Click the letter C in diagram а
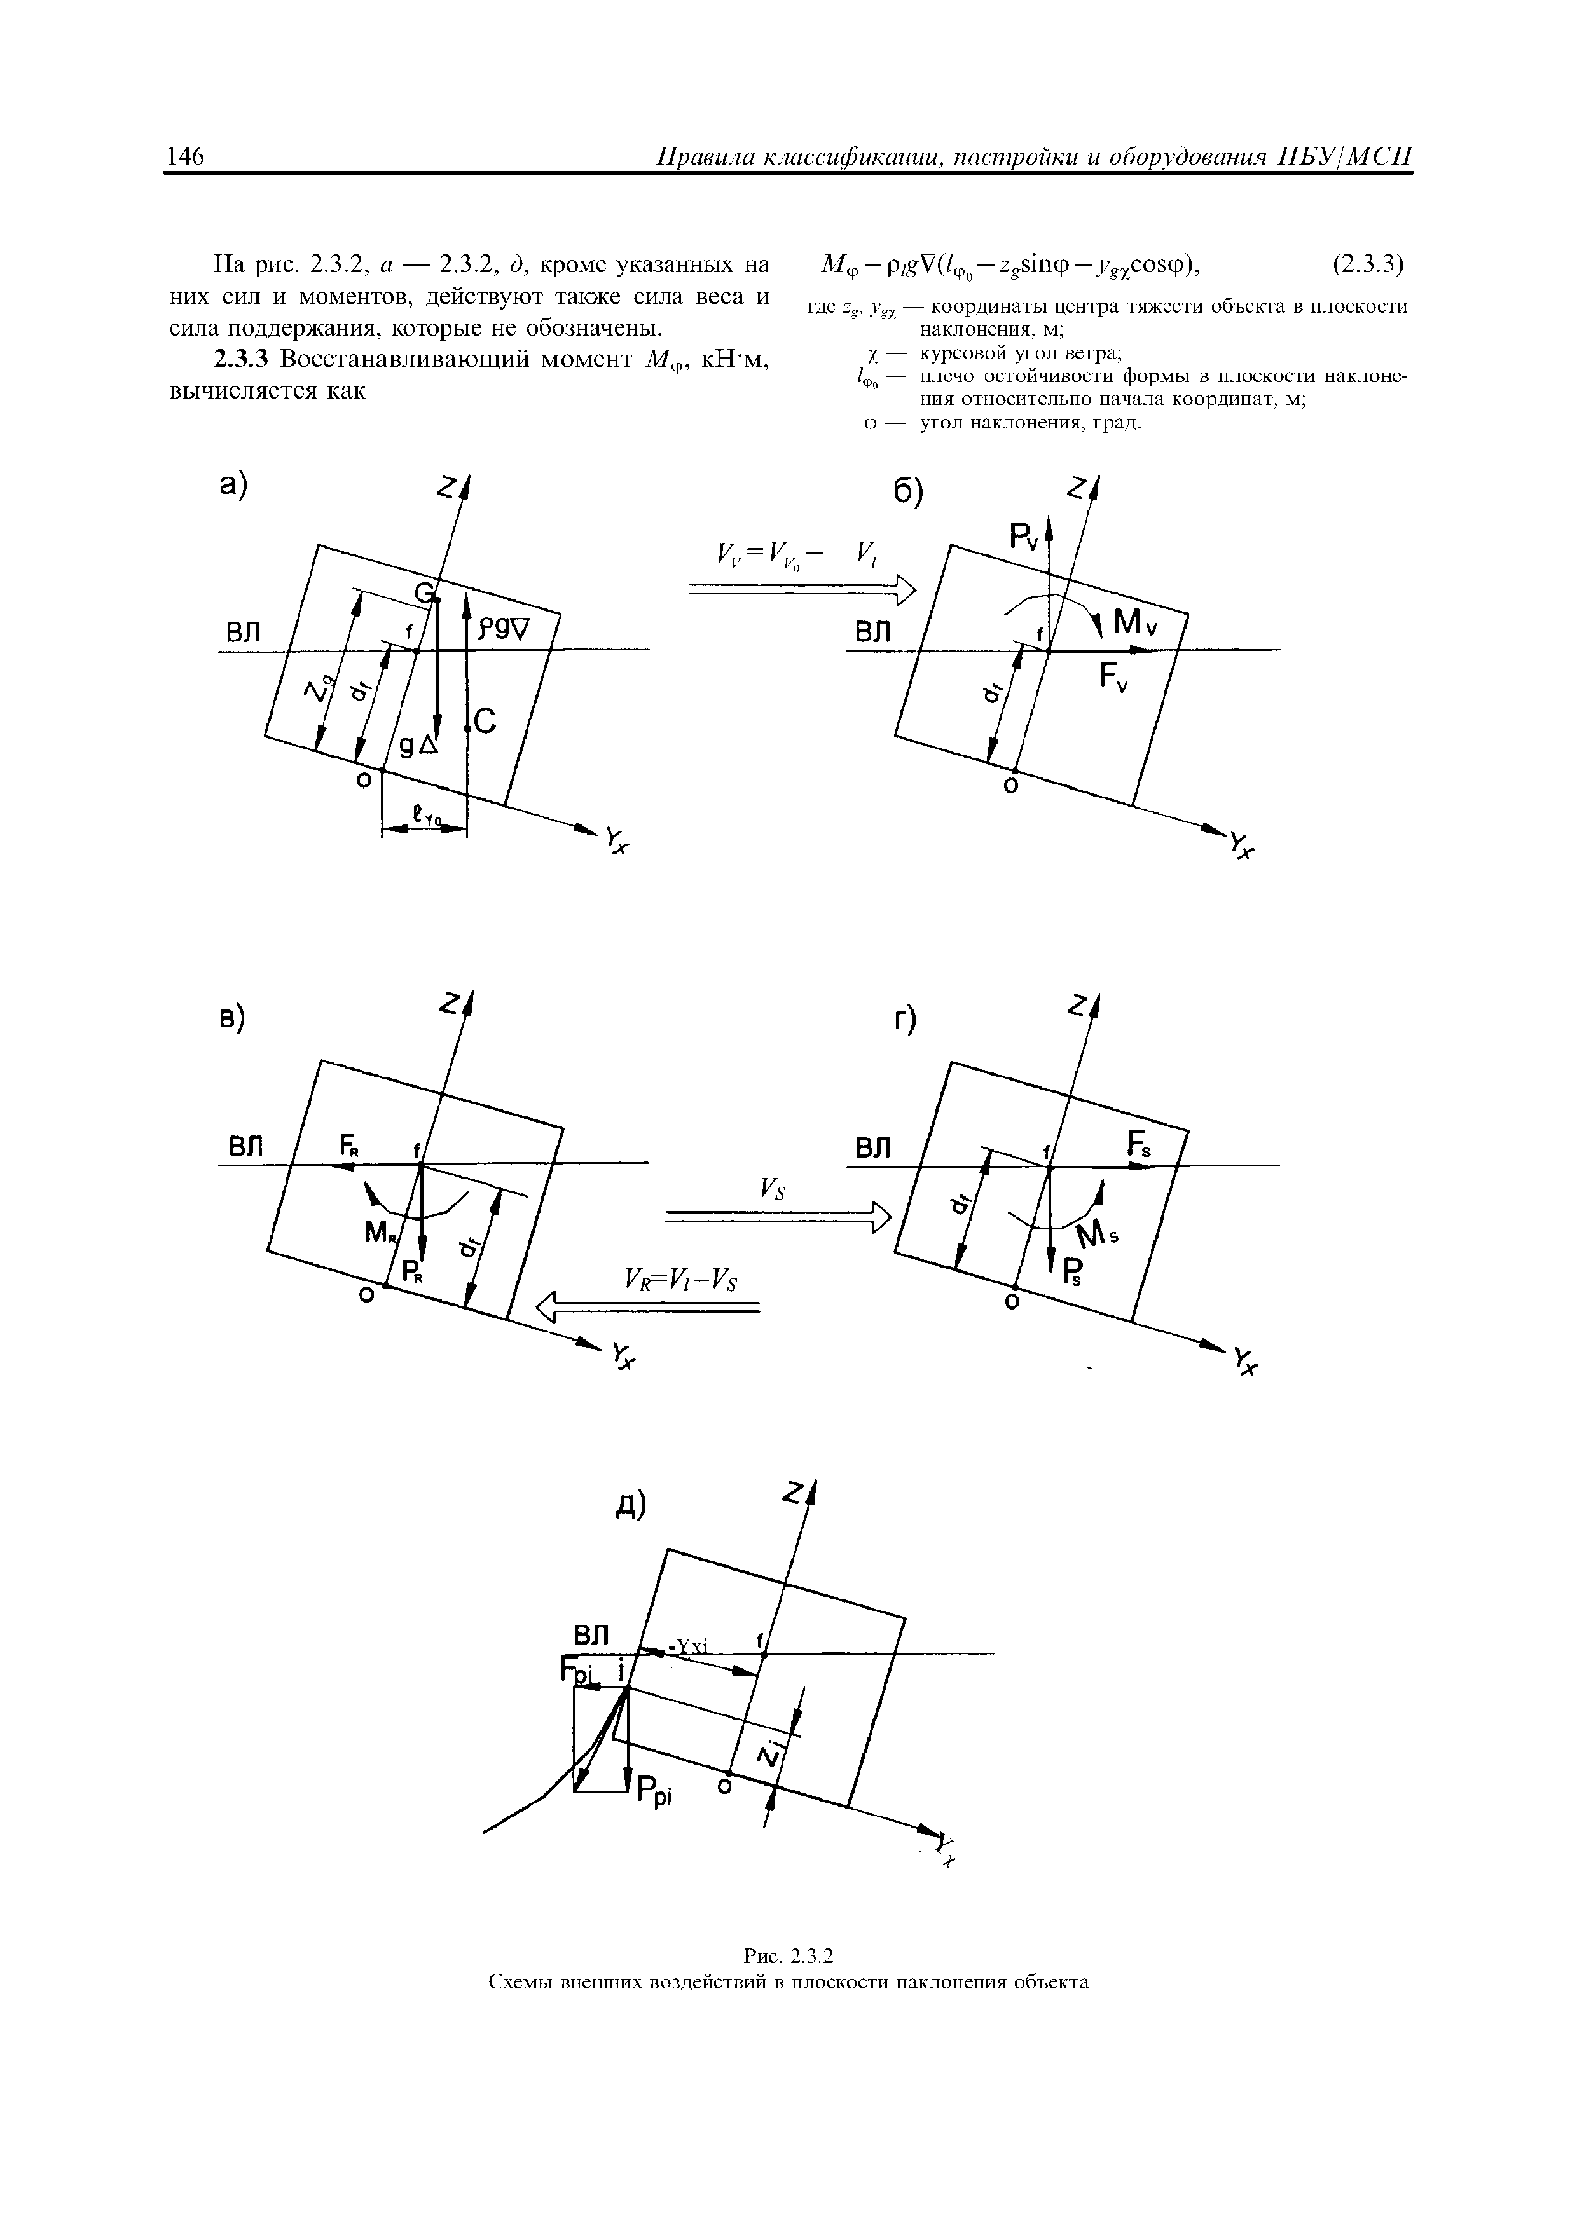click(485, 722)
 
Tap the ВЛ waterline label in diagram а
click(244, 633)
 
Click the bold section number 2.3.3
click(242, 359)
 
